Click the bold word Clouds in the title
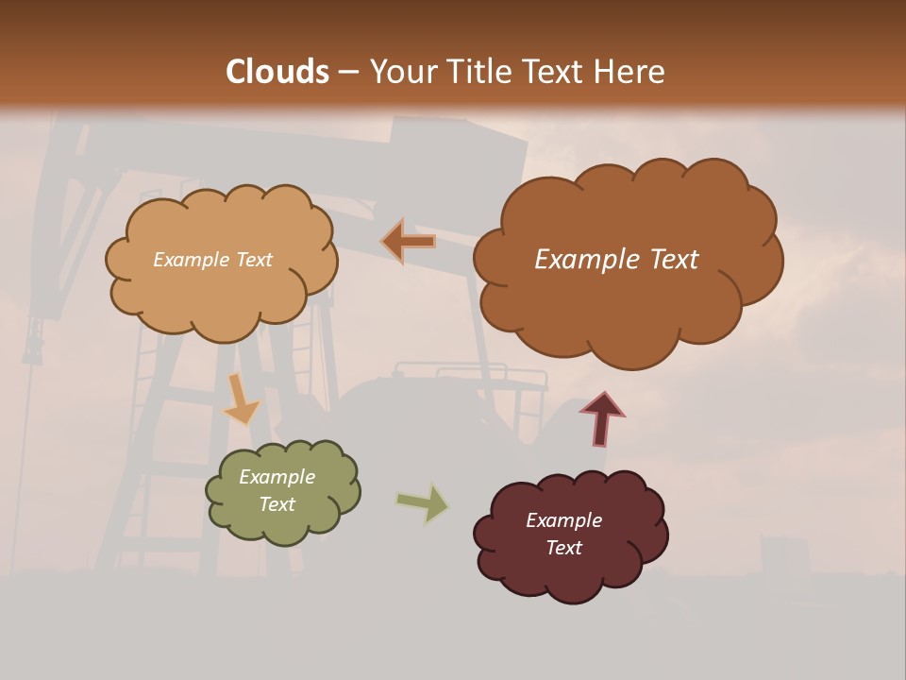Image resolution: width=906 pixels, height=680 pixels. click(x=277, y=72)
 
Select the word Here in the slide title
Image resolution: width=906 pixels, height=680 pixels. click(x=631, y=72)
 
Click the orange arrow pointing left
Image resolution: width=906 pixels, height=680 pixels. click(x=408, y=242)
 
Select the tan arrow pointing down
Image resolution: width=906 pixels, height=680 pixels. click(x=241, y=399)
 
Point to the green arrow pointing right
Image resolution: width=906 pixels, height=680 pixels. click(x=423, y=501)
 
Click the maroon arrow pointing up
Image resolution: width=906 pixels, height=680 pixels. click(x=602, y=418)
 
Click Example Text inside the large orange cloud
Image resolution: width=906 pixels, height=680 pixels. click(x=616, y=260)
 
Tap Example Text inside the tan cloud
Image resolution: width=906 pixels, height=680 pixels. click(x=212, y=260)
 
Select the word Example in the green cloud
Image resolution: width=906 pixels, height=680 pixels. click(x=277, y=477)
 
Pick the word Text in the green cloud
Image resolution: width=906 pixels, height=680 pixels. click(x=277, y=504)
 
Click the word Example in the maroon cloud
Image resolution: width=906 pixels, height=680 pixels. click(x=563, y=520)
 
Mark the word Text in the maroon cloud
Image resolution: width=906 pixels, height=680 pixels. click(x=563, y=548)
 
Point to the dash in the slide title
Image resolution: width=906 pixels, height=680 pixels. click(x=347, y=73)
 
